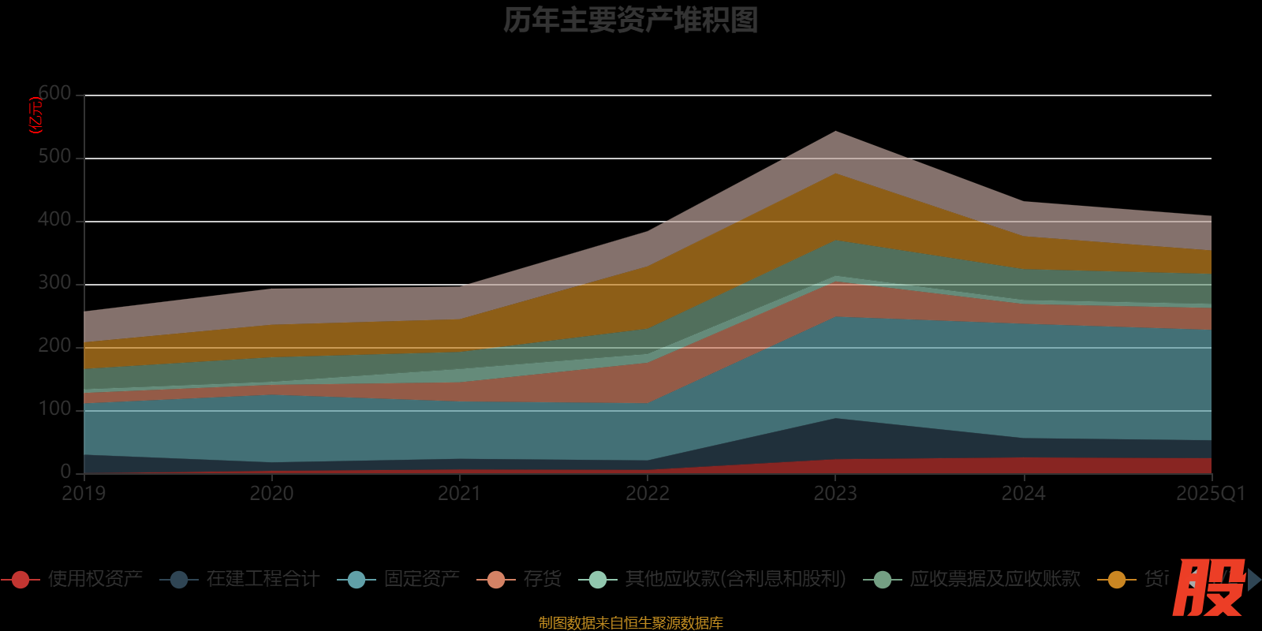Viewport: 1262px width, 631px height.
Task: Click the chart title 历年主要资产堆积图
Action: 630,21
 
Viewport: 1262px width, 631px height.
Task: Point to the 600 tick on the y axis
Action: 54,94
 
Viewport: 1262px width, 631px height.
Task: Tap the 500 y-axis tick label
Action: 54,157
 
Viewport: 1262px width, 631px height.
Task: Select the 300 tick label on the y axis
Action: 54,283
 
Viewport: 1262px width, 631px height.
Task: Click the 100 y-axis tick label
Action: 54,409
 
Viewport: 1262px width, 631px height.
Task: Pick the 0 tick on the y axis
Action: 66,472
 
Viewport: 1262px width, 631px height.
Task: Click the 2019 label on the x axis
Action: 84,494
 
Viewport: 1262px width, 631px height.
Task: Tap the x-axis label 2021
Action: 459,494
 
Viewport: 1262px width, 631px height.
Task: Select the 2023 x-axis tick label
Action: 835,494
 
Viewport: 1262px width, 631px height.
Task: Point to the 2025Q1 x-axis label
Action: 1211,494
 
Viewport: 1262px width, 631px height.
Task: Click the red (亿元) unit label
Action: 35,115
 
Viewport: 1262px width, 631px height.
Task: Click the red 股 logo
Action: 1208,587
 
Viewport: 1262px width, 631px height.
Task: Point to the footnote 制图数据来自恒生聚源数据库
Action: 630,623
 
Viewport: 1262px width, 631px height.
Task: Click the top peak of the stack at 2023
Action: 835,132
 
